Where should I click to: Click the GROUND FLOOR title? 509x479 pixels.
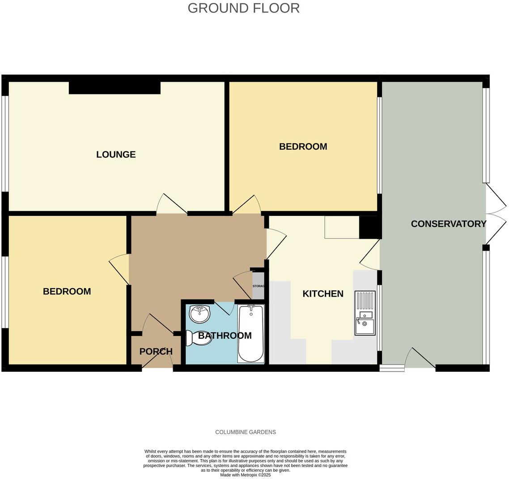[x=243, y=8]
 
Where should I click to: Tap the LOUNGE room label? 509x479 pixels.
[x=116, y=155]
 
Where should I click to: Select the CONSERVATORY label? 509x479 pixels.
[x=448, y=224]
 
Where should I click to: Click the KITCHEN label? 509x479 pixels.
[x=323, y=294]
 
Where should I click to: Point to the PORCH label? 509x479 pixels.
[x=156, y=351]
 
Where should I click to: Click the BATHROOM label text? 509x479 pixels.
[x=225, y=336]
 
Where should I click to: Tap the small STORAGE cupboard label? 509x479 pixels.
[x=259, y=286]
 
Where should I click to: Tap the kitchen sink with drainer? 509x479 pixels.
[x=365, y=313]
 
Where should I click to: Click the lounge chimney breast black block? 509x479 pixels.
[x=115, y=88]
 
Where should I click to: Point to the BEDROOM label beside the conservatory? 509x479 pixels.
[x=303, y=147]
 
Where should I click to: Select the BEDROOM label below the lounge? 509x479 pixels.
[x=67, y=291]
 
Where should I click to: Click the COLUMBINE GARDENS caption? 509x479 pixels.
[x=246, y=432]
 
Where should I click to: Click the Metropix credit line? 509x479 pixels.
[x=245, y=475]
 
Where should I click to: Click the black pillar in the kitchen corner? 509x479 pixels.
[x=370, y=227]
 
